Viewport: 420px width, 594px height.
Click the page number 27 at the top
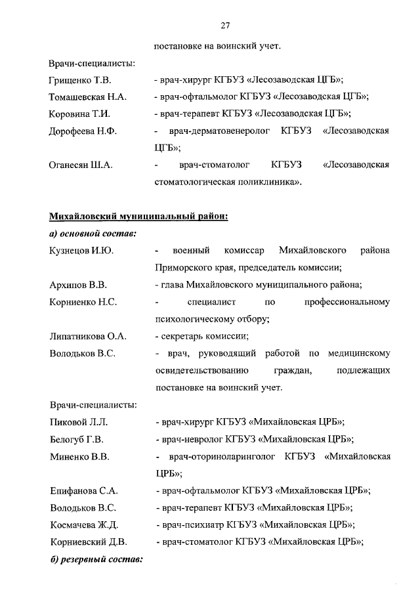click(x=224, y=26)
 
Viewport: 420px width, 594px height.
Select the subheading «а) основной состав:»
click(x=93, y=234)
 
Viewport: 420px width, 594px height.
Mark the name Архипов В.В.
click(x=78, y=285)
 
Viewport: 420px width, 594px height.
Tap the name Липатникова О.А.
click(x=88, y=336)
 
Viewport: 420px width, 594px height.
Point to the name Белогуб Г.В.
click(x=76, y=439)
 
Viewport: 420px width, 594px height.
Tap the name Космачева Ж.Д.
click(x=84, y=524)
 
